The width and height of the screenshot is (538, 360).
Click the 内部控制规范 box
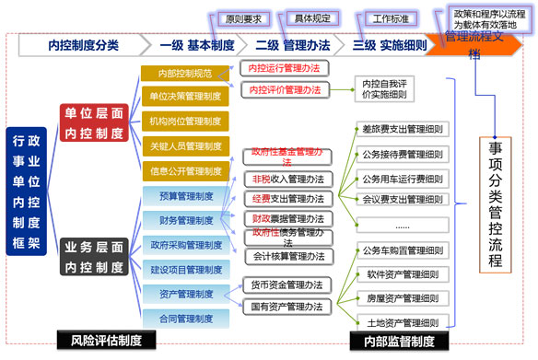click(x=184, y=73)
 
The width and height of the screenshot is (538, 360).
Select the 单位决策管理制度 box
click(x=184, y=96)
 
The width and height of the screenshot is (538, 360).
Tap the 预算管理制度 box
click(x=184, y=195)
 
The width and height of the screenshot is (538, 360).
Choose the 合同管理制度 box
click(x=184, y=318)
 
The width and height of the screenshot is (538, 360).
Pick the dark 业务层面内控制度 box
click(x=93, y=256)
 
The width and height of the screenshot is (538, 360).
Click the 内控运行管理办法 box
click(x=286, y=67)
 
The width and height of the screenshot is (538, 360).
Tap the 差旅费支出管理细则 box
click(x=403, y=129)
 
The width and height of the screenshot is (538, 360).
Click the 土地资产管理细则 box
click(x=403, y=321)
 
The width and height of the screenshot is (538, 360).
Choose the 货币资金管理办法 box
click(x=286, y=285)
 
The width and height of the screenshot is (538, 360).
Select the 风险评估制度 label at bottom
click(x=106, y=341)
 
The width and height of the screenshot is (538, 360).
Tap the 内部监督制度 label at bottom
click(x=398, y=342)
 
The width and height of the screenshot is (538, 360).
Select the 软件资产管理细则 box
click(x=403, y=273)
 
